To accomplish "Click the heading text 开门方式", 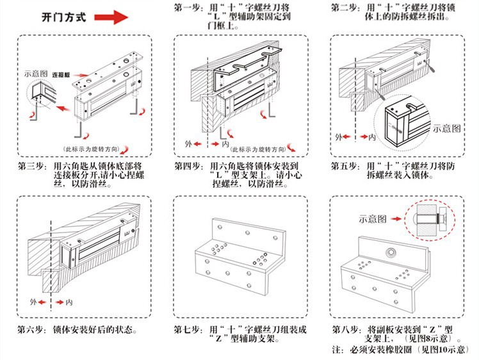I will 63,17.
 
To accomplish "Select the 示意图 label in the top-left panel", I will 36,74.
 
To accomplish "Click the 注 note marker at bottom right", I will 337,350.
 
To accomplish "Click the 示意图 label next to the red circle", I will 373,218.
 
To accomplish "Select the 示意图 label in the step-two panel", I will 446,128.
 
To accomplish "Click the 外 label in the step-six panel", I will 33,300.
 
